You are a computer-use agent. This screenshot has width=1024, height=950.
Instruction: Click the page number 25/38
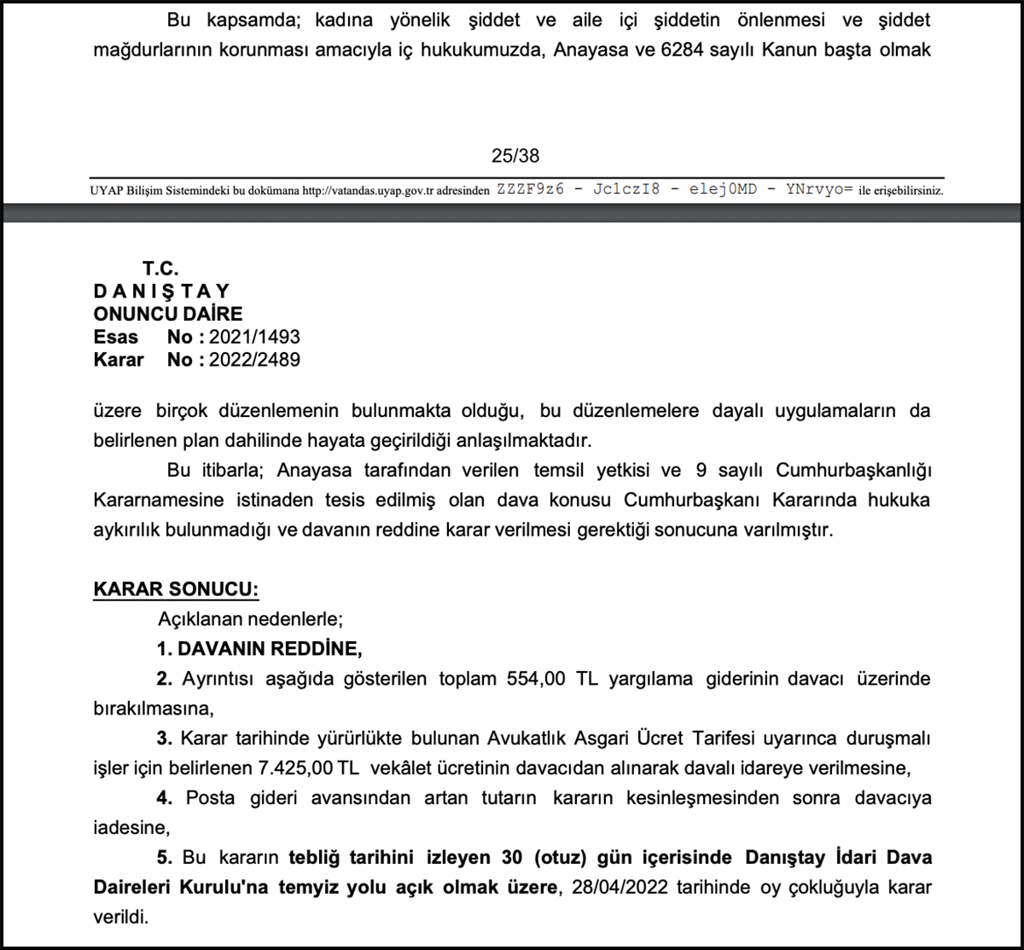click(515, 156)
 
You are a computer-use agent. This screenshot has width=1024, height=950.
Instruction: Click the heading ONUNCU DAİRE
click(168, 315)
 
